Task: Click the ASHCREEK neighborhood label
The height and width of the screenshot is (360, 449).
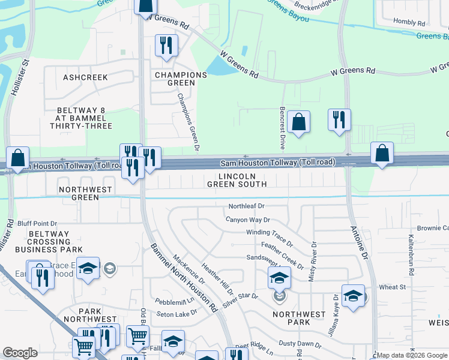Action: click(x=85, y=77)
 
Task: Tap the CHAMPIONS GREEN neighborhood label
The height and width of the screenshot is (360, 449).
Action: click(x=181, y=79)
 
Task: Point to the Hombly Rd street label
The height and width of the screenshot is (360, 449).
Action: click(x=409, y=22)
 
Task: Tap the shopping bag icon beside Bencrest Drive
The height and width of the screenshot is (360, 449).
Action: click(x=298, y=122)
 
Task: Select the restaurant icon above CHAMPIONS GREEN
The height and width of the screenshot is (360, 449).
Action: click(x=166, y=46)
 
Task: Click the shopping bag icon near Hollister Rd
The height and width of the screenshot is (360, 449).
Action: click(x=18, y=159)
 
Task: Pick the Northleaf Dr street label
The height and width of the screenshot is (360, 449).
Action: click(x=246, y=206)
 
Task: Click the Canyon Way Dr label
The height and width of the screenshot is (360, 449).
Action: click(x=248, y=220)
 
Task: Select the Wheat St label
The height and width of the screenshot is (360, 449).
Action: click(x=393, y=287)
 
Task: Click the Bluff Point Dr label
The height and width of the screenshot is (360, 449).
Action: click(x=37, y=223)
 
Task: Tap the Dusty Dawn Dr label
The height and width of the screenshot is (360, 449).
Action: click(x=300, y=344)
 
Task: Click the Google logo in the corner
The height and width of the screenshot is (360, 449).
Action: click(x=20, y=353)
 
